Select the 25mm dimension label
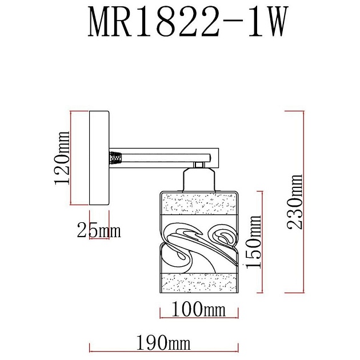[x=98, y=230]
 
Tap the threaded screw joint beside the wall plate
[x=116, y=156]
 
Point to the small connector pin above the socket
[x=199, y=165]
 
